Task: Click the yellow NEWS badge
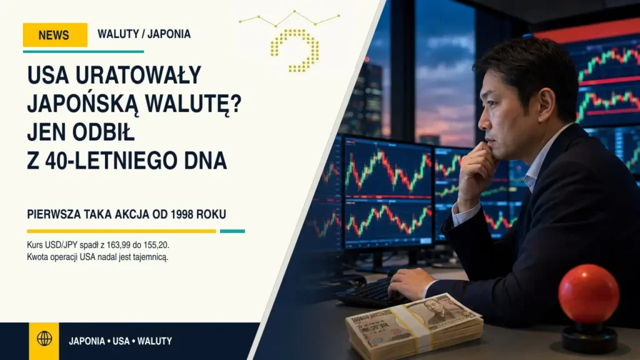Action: coord(55,35)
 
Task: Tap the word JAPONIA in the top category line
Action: coord(169,34)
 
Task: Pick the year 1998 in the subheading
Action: coord(182,214)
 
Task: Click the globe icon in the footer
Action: coord(44,338)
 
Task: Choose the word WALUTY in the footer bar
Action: coord(155,341)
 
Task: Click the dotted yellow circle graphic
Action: coord(295,51)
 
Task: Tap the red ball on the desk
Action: coord(589,294)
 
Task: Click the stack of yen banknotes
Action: coord(414,326)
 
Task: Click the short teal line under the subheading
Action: coord(232,231)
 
